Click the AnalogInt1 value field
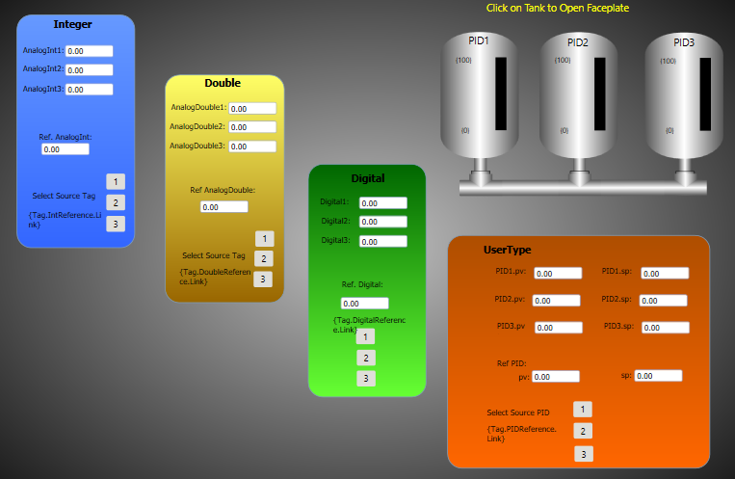point(89,51)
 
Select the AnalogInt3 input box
point(89,90)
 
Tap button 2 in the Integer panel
point(115,202)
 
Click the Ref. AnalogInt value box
point(65,149)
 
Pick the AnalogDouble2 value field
point(252,127)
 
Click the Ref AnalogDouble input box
point(223,207)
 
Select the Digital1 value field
point(382,203)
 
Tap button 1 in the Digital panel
point(365,336)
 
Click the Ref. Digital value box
point(364,304)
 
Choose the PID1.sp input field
point(665,274)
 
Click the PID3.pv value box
point(558,328)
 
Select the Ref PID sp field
point(658,376)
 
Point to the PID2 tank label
point(577,42)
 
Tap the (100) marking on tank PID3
point(668,61)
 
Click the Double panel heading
point(223,83)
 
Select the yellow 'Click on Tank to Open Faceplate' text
point(557,8)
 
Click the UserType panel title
point(507,251)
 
